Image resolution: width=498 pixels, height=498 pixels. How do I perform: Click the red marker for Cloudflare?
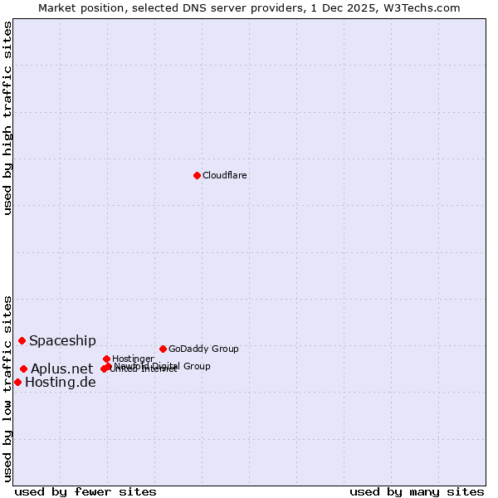(x=197, y=175)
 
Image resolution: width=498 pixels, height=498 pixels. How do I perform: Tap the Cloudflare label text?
(x=225, y=175)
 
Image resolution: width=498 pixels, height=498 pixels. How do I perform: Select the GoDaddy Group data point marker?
(x=163, y=349)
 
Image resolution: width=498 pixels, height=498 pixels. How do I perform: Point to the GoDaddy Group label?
(x=203, y=349)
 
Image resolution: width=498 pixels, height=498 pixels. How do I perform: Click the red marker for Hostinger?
(x=106, y=359)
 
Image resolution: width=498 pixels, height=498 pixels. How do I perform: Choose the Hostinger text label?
(x=133, y=359)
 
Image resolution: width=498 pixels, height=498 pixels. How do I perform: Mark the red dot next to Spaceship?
(x=22, y=340)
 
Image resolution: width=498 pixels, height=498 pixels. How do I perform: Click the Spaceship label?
(x=62, y=340)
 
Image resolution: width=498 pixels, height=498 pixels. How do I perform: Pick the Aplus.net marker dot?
(x=23, y=369)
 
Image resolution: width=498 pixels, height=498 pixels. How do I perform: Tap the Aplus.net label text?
(x=61, y=369)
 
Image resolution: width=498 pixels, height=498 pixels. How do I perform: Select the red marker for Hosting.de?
(x=17, y=382)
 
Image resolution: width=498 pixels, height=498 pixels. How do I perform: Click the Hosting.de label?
(x=60, y=382)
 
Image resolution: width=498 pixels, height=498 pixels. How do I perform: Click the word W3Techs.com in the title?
(x=427, y=7)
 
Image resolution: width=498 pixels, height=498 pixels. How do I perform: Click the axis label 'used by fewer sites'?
(x=85, y=491)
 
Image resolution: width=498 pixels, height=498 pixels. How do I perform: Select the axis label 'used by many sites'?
(x=417, y=491)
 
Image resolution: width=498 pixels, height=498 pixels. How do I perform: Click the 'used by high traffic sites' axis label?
(x=7, y=118)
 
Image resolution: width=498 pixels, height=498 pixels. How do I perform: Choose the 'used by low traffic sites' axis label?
(x=7, y=388)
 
